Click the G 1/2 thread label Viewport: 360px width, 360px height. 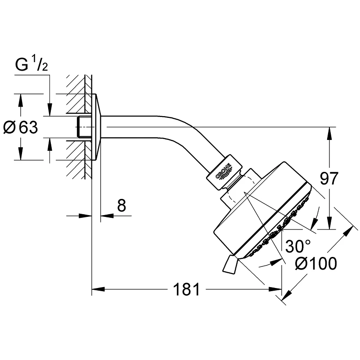[31, 65]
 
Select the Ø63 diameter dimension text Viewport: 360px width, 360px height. [21, 128]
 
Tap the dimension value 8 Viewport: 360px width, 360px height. [121, 206]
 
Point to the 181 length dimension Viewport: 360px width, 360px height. [187, 289]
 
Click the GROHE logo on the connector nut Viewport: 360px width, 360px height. [224, 172]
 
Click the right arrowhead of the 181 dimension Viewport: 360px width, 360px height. [279, 289]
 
